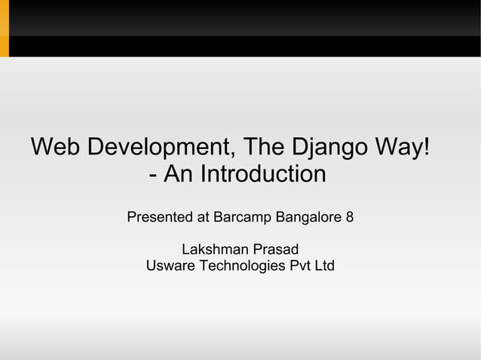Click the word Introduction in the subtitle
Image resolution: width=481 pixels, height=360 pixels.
(x=259, y=175)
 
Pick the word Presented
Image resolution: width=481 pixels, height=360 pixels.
(x=160, y=218)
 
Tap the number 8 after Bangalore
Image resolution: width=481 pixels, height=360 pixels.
(x=349, y=218)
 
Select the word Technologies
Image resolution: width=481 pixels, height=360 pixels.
(x=236, y=266)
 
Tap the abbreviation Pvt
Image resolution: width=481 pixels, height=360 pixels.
(x=293, y=266)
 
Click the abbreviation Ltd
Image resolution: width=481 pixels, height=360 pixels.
(x=323, y=266)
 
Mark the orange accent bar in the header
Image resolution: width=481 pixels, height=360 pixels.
(x=4, y=29)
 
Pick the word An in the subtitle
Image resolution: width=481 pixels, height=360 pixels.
(x=177, y=175)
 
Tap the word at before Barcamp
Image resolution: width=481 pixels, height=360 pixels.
(x=203, y=218)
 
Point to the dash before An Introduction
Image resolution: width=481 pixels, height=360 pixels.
(x=154, y=176)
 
